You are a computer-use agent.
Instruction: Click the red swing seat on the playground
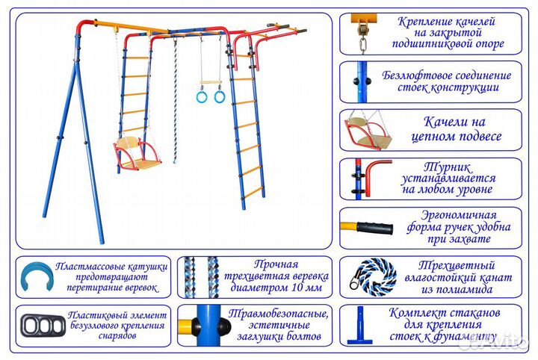137,157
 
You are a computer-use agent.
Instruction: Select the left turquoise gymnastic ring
201,97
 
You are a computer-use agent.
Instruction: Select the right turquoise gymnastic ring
220,97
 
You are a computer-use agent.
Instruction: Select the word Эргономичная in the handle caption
457,214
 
